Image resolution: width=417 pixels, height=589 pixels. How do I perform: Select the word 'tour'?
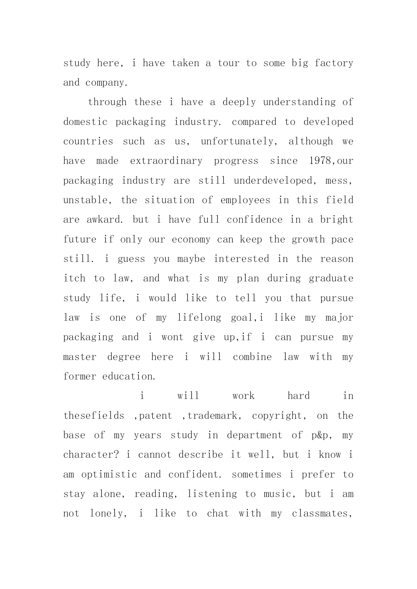coord(228,63)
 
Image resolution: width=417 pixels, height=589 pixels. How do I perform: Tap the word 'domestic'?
coord(85,122)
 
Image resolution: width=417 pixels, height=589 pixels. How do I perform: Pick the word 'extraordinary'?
coord(166,161)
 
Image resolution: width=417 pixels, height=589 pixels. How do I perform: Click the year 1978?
coord(319,161)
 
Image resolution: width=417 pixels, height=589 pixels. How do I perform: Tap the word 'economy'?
coord(191,239)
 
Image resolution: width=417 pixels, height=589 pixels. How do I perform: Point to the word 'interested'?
coord(242,259)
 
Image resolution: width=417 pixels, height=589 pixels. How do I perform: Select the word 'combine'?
coord(252,357)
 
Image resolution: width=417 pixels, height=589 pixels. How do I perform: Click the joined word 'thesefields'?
coord(94,416)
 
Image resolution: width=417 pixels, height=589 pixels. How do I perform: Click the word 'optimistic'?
coord(109,474)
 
